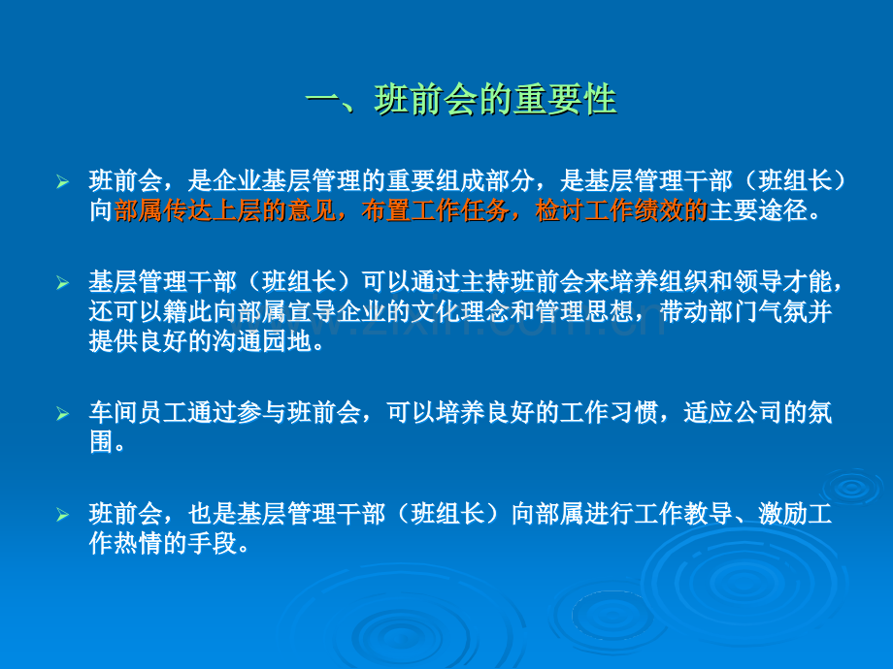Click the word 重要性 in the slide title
click(565, 100)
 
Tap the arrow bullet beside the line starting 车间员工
click(63, 414)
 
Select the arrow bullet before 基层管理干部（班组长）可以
click(63, 283)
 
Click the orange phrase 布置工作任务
click(435, 210)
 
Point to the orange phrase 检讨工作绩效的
click(621, 210)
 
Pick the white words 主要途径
click(757, 210)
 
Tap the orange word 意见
click(312, 210)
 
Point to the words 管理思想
click(584, 311)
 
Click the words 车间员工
click(138, 412)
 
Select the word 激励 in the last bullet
click(782, 514)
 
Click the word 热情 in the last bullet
click(138, 543)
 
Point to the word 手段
click(213, 543)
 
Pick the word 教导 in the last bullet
click(708, 514)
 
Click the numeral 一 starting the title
click(323, 100)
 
